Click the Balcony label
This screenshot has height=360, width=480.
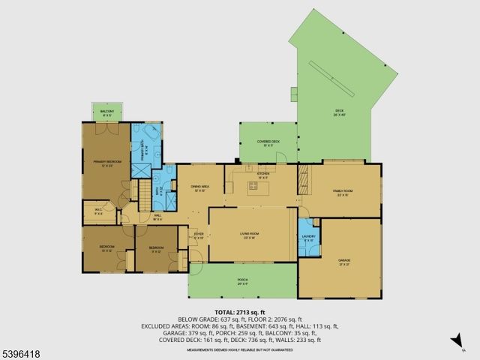106,114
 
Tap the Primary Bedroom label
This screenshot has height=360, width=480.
107,163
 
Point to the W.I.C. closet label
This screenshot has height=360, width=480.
97,211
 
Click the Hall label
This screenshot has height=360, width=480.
157,217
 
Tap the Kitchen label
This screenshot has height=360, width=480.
262,175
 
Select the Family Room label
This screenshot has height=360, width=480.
343,192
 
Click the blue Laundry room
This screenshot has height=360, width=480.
309,238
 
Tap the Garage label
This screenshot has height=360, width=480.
344,261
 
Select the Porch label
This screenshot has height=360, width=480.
243,282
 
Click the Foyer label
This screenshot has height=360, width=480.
199,235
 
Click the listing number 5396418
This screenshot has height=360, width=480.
22,352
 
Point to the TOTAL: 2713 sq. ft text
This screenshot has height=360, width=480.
240,312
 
